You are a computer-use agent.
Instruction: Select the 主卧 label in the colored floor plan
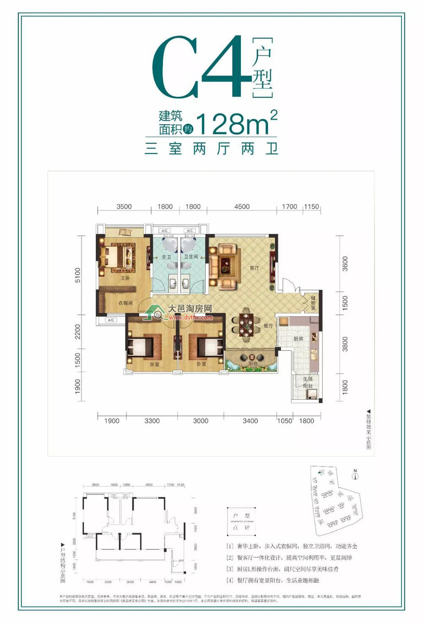pos(125,278)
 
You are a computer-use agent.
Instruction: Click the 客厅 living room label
pos(254,268)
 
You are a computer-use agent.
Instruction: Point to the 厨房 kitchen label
pos(298,339)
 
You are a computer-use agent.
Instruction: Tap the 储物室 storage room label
pos(313,303)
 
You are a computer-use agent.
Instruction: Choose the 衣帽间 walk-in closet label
pos(125,303)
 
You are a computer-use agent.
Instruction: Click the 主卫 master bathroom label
pos(166,257)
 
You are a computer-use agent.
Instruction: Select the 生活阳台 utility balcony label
pos(308,383)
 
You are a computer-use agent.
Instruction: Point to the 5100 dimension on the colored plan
pos(77,275)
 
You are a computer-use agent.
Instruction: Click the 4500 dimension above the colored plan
pos(242,207)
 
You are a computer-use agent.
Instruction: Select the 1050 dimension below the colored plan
pos(284,421)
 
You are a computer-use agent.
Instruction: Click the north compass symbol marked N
pos(355,476)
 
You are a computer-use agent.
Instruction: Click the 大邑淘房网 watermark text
pos(190,309)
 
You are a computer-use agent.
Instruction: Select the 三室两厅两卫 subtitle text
pos(211,149)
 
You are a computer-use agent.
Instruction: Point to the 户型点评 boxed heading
pos(241,521)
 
